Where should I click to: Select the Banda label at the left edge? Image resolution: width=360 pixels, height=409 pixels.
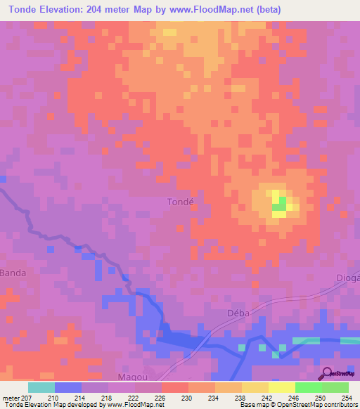click(12, 272)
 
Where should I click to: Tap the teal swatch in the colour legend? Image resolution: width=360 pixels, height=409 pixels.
click(41, 387)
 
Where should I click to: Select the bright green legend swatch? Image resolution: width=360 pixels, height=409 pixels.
click(308, 387)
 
